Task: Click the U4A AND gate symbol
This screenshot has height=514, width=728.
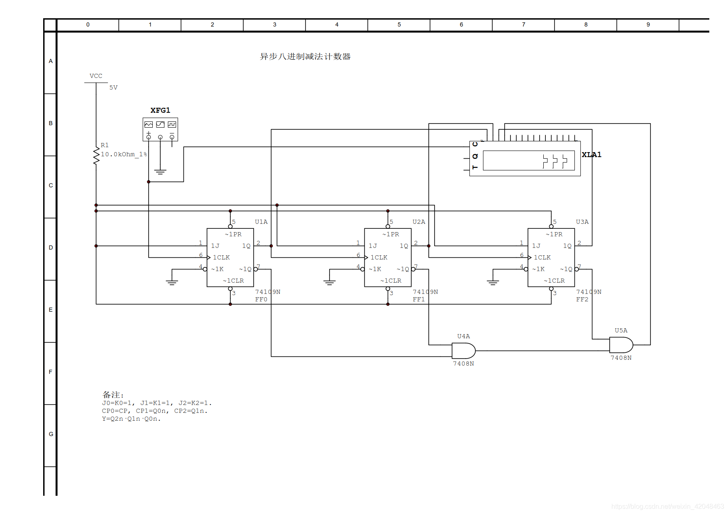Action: point(464,351)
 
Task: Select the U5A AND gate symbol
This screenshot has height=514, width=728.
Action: point(621,345)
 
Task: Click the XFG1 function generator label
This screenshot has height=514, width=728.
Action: point(160,110)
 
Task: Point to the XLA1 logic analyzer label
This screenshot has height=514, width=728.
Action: point(591,155)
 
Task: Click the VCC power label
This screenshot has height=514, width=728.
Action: point(96,76)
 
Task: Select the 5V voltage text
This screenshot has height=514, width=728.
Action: point(113,87)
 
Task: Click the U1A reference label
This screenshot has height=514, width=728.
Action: point(261,222)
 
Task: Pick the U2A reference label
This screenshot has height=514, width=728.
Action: point(419,222)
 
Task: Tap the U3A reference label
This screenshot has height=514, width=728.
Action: point(582,222)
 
